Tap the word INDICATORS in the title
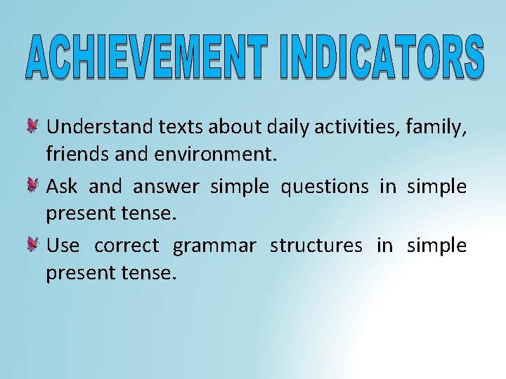[x=382, y=56]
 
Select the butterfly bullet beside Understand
[x=33, y=127]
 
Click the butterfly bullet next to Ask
[x=33, y=186]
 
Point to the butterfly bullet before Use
[x=33, y=245]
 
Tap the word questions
[x=325, y=187]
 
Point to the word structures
[x=316, y=246]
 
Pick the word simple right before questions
[x=240, y=187]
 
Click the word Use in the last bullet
[x=63, y=245]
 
